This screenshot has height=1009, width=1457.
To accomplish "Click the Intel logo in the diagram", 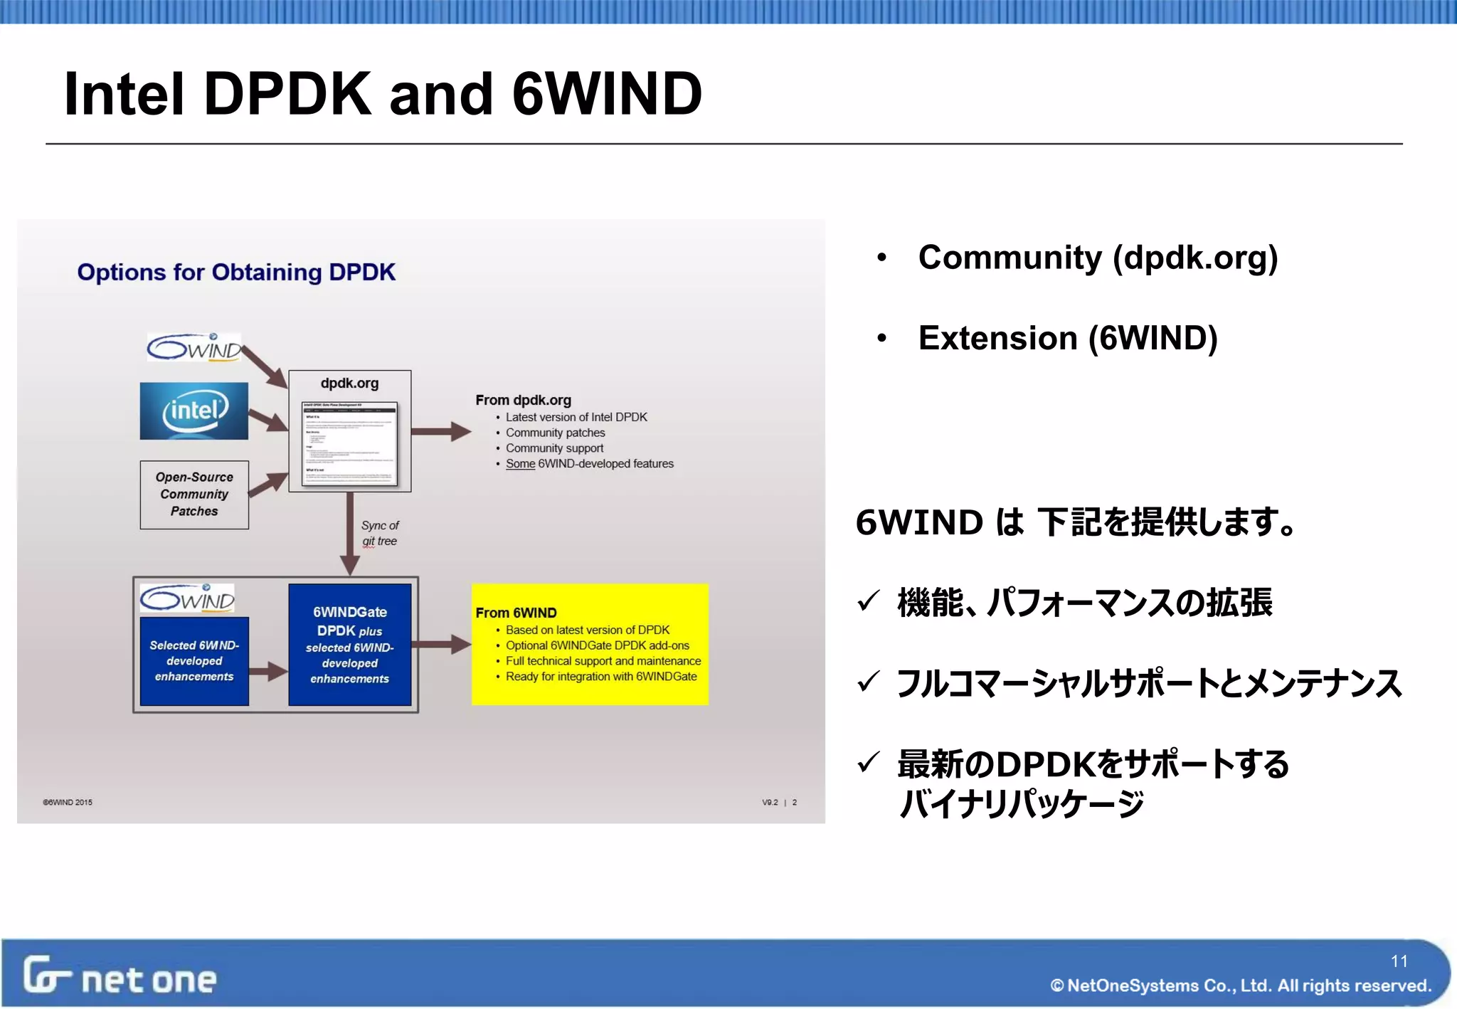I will pos(194,411).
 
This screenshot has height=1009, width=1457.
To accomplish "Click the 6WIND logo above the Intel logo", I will pos(194,347).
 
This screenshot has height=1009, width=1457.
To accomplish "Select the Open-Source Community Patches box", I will pos(194,495).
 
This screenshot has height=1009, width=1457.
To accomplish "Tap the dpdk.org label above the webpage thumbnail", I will pos(349,383).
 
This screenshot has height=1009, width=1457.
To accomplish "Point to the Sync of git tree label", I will pos(380,533).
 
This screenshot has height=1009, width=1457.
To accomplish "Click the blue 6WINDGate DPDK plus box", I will pos(349,645).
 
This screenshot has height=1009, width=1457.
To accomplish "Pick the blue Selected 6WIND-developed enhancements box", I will pos(194,661).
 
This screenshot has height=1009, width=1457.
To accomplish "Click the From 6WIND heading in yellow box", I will pos(516,613).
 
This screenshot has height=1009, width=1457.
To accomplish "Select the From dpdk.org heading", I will pos(523,400).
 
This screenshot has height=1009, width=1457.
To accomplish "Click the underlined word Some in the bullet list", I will pos(520,464).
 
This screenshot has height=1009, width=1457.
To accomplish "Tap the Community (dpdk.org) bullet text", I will pos(1098,258).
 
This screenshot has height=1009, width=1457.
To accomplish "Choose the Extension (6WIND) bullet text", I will pos(1067,338).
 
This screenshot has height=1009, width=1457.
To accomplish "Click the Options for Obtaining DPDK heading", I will pos(236,273).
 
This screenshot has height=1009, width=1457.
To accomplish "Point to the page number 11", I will pos(1399,961).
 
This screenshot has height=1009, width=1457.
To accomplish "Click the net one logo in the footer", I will pos(120,976).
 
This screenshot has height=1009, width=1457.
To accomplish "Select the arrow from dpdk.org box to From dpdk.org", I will pos(441,431).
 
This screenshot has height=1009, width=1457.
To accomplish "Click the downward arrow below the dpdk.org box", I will pos(349,534).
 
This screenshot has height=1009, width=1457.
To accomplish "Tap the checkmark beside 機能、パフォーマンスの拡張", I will pos(869,601).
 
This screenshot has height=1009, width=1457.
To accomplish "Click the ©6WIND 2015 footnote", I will pos(68,803).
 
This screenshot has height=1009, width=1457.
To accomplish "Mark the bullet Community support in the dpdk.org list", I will pos(554,448).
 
